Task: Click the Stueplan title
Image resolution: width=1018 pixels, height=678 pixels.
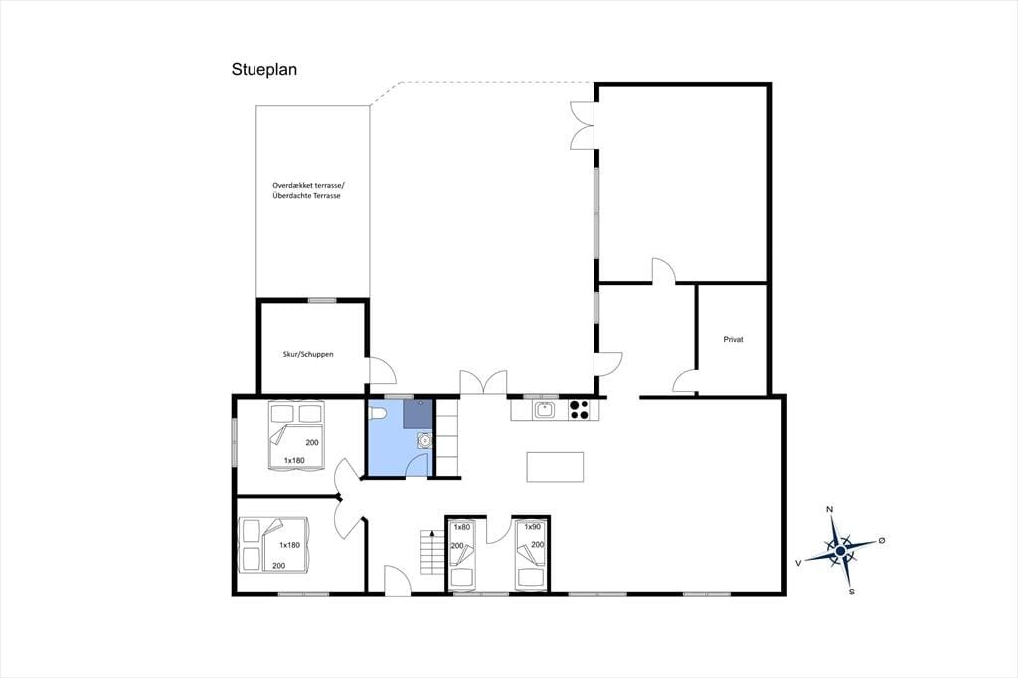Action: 264,70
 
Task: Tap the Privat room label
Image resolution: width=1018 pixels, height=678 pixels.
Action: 733,340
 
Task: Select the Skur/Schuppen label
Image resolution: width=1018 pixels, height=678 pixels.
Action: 308,354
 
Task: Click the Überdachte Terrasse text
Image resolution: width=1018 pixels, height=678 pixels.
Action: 306,196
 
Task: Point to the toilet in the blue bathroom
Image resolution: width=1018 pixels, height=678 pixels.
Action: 377,412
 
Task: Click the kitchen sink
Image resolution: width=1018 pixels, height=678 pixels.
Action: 544,410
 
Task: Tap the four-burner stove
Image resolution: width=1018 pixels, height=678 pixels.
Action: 579,410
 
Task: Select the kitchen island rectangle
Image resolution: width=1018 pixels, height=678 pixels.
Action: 555,467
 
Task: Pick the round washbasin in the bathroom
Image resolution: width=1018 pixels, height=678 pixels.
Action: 424,441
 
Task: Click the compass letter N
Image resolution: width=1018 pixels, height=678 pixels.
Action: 829,509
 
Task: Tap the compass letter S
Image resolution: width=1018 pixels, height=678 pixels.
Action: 852,592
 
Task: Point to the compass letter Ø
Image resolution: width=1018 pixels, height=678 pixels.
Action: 882,541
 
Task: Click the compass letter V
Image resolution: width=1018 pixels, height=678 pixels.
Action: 798,563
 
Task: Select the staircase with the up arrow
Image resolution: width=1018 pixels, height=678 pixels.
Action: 430,552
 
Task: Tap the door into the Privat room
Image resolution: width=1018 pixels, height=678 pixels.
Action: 684,381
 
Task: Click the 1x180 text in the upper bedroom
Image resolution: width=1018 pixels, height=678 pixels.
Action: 294,461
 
